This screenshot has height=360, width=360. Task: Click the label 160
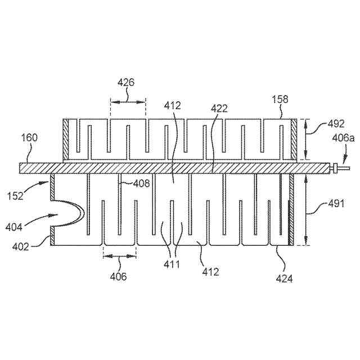point(30,138)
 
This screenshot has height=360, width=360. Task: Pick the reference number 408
point(141,182)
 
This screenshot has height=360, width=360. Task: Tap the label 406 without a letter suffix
point(118,276)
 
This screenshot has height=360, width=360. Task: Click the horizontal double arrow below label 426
point(128,101)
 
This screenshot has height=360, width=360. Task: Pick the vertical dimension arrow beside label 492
point(305,139)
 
